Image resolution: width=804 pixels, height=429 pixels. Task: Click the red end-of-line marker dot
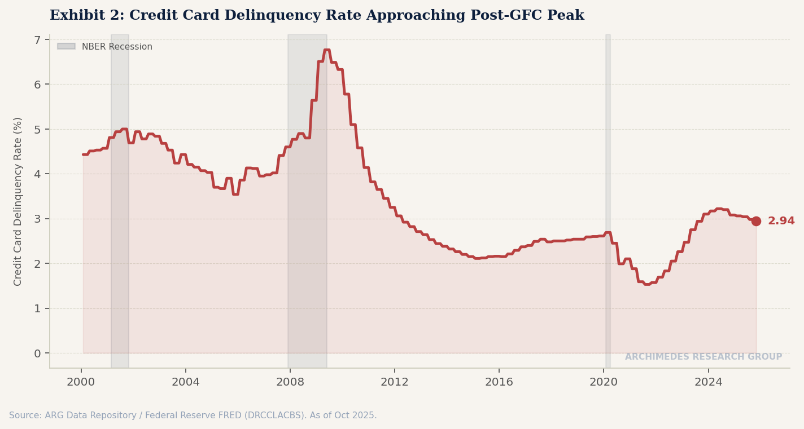756,221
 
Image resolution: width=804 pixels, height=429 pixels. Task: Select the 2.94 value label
781,221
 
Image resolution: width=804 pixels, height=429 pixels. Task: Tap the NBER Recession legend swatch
66,46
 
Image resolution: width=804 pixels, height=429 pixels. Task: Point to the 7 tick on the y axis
37,40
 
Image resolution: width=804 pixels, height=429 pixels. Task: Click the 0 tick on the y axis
37,353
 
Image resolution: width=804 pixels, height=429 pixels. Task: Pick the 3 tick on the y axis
37,219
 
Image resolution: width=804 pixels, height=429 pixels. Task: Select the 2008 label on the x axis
290,382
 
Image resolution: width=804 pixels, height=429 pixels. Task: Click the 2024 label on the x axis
708,382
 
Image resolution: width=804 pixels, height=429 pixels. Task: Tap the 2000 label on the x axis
81,382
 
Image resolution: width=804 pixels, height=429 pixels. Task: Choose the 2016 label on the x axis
499,382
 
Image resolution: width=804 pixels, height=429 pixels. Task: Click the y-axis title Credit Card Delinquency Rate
18,201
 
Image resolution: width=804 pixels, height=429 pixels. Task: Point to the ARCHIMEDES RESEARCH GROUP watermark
703,357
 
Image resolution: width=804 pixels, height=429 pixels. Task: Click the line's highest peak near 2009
327,50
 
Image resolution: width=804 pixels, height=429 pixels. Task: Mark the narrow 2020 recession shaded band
608,197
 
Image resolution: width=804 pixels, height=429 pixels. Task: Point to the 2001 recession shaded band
120,197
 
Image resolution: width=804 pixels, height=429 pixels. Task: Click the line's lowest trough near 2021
647,284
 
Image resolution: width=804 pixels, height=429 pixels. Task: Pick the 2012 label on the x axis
394,382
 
